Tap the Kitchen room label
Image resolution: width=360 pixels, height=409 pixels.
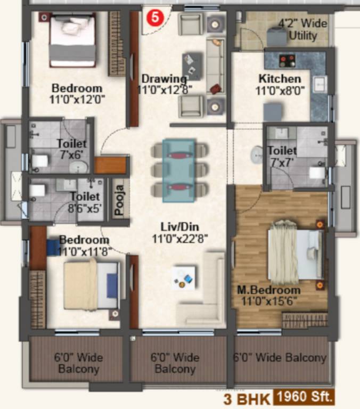coord(280,79)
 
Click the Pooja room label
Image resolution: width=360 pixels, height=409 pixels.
coord(120,199)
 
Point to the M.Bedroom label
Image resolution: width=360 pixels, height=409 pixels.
coord(269,290)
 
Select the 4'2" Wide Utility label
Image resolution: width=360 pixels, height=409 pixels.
coord(302,30)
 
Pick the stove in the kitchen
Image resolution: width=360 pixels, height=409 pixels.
coord(287,60)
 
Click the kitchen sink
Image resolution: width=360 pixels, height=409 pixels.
coord(320,84)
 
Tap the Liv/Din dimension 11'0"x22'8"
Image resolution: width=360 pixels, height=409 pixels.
coord(179,238)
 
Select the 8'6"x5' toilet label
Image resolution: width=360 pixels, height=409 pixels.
coord(85,203)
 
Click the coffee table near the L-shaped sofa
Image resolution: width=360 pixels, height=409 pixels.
coord(184,277)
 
